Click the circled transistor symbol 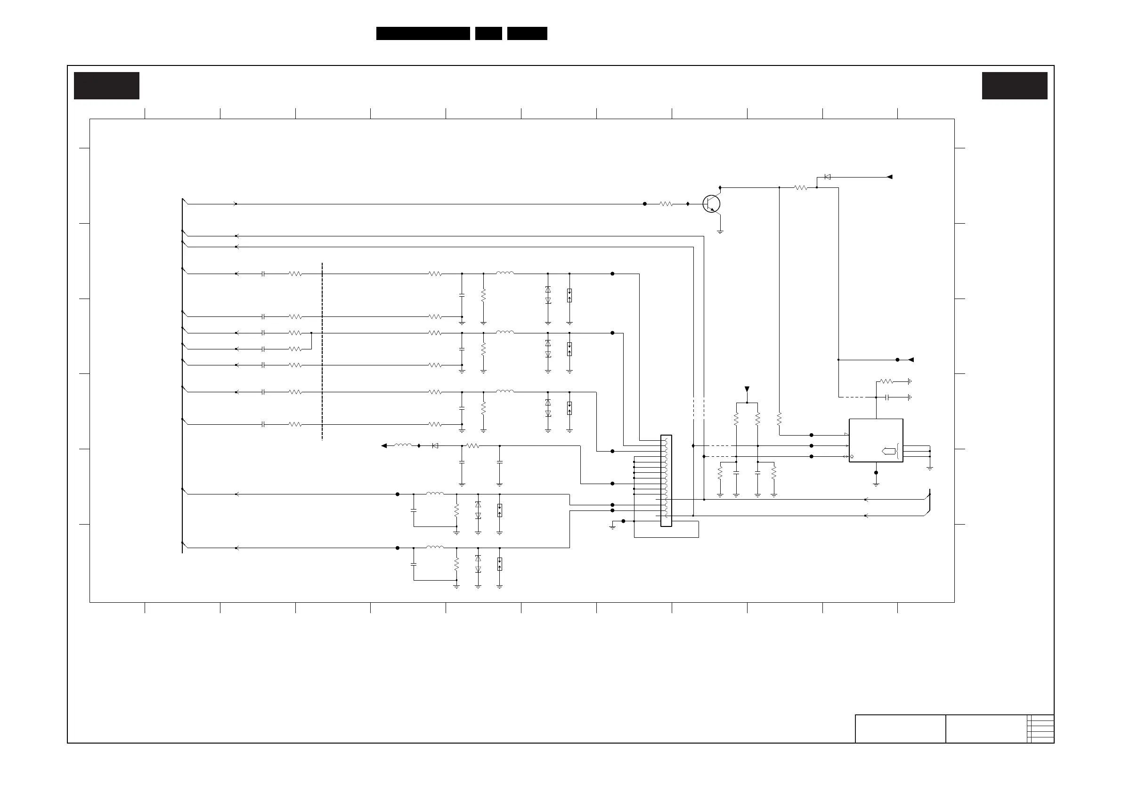click(711, 204)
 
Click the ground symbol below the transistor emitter click(720, 232)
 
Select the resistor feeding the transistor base click(666, 204)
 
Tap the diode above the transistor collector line click(827, 177)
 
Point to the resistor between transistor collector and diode click(801, 187)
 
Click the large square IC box click(876, 440)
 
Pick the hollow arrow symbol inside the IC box click(888, 451)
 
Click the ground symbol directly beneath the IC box click(876, 484)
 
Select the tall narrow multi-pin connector click(666, 481)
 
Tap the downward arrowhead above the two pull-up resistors click(747, 389)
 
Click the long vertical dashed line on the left click(322, 352)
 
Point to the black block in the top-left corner click(106, 86)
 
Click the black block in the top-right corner click(1015, 86)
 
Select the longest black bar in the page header click(423, 33)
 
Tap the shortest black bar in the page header click(488, 33)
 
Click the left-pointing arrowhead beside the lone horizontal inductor click(384, 445)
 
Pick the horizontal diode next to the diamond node click(435, 445)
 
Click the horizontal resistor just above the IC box click(886, 381)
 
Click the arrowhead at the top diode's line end click(889, 177)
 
